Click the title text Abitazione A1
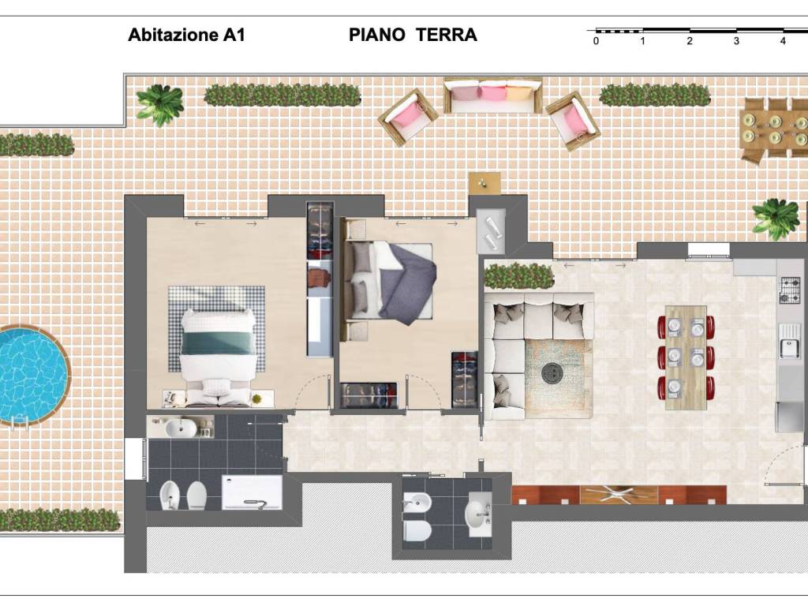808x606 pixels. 186,36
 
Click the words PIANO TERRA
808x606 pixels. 413,36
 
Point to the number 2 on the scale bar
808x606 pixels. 690,41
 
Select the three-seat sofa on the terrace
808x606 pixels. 492,95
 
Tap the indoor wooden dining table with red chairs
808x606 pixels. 686,357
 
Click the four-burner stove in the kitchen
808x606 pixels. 790,290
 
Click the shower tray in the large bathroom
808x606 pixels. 252,492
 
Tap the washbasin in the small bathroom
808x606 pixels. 478,514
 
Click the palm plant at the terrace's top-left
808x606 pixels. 159,103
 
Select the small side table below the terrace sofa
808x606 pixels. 484,182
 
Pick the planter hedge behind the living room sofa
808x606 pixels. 518,276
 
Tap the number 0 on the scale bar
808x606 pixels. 596,41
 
